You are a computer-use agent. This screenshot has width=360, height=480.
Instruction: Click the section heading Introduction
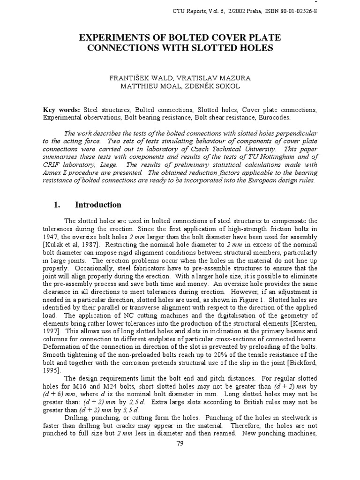pos(98,205)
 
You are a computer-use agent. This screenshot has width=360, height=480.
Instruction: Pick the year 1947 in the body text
pos(51,237)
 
